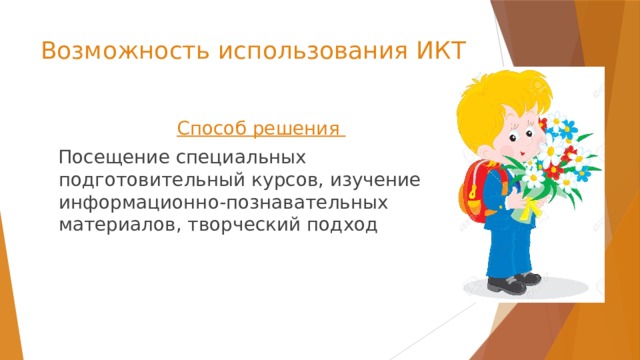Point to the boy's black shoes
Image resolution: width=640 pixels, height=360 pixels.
click(x=510, y=285)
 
